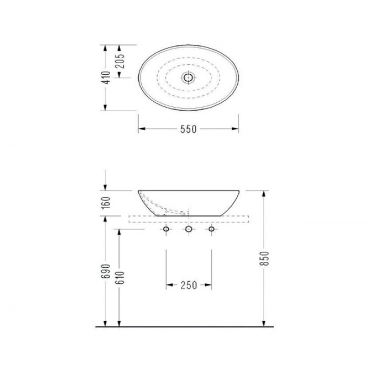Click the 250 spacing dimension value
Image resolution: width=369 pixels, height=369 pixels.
pyautogui.click(x=188, y=285)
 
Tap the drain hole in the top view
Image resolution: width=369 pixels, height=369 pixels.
pyautogui.click(x=188, y=77)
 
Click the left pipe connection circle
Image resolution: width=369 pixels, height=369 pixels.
pyautogui.click(x=166, y=229)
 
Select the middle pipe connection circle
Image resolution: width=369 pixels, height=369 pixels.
pyautogui.click(x=188, y=229)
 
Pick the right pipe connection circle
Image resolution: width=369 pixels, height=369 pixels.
pyautogui.click(x=211, y=229)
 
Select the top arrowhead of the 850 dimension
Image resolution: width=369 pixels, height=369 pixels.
pyautogui.click(x=264, y=193)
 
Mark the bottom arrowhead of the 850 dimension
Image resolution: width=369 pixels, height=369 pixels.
pyautogui.click(x=264, y=323)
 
